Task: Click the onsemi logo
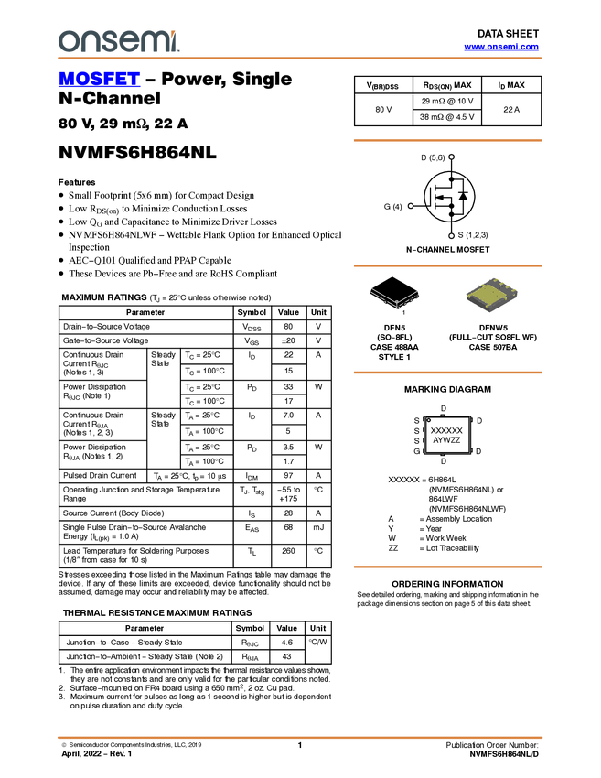(x=119, y=40)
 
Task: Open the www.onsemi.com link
(x=501, y=47)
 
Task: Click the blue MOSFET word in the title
(x=99, y=79)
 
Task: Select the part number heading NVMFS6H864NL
(x=137, y=152)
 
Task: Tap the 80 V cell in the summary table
(x=383, y=109)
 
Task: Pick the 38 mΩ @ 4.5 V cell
(x=446, y=117)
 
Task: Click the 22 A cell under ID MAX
(x=511, y=109)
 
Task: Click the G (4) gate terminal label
(x=392, y=207)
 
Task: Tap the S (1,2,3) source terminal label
(x=473, y=235)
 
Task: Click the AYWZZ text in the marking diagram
(x=446, y=440)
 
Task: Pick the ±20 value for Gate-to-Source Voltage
(x=288, y=340)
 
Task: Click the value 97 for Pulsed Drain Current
(x=288, y=475)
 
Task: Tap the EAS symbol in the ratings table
(x=252, y=528)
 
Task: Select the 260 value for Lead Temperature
(x=288, y=551)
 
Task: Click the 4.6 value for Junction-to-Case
(x=286, y=642)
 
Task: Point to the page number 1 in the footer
(x=299, y=745)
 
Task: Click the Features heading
(x=77, y=182)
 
